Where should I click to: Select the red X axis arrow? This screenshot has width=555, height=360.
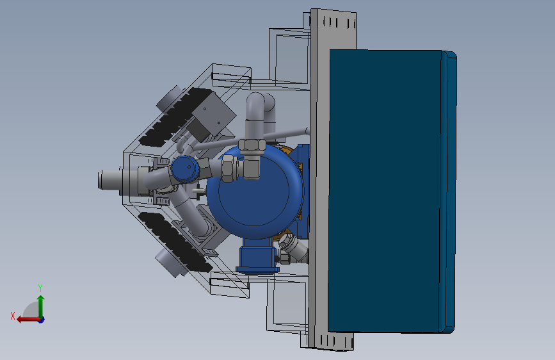28,320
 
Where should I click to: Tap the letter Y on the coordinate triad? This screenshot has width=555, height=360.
40,288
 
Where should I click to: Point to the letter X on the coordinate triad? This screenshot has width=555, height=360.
13,316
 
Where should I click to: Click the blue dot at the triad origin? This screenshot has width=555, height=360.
42,320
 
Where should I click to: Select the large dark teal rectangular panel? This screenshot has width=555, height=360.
385,191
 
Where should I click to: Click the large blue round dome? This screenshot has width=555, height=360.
255,192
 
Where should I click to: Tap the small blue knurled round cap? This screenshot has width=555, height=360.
185,169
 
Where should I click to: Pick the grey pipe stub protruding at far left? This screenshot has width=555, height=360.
111,179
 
